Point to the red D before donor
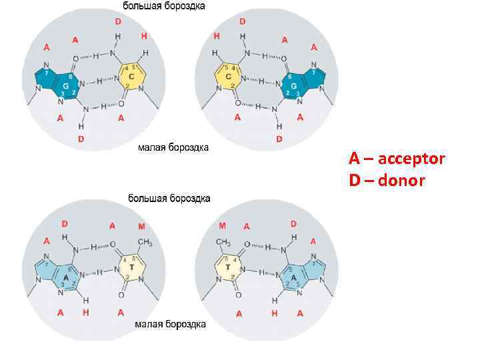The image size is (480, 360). click(x=355, y=180)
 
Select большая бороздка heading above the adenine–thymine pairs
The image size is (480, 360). click(x=169, y=198)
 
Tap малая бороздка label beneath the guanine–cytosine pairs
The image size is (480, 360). click(x=173, y=147)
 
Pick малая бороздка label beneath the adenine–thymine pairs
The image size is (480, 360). click(x=171, y=325)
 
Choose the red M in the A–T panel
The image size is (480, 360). click(x=141, y=227)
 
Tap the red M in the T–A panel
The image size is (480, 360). click(x=222, y=227)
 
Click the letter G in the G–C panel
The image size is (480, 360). click(x=66, y=87)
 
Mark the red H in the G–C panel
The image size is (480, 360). click(x=144, y=35)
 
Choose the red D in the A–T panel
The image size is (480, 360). click(x=64, y=225)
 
